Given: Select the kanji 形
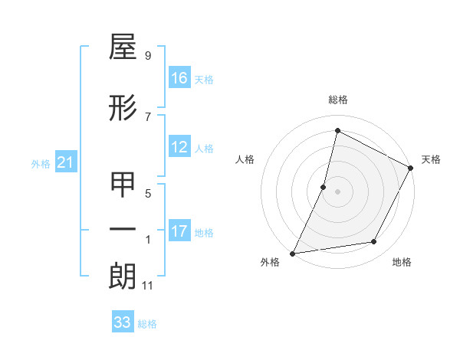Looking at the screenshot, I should (x=123, y=109).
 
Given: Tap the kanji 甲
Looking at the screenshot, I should (x=123, y=185).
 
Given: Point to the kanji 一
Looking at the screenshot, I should (x=123, y=231).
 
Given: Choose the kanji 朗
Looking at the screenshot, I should (x=123, y=277).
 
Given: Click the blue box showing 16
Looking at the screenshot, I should (x=179, y=78).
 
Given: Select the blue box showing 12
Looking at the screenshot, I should (x=179, y=147).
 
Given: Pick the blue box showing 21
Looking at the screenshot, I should (x=66, y=162).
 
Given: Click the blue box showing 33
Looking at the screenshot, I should (x=123, y=322).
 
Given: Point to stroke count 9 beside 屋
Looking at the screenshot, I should (x=147, y=56).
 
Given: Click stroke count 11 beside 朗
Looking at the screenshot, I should (x=147, y=286).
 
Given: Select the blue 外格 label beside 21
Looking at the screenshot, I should (x=41, y=163).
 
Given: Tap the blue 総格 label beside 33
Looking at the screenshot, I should (x=147, y=324).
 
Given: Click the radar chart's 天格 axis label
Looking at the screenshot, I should (x=431, y=159).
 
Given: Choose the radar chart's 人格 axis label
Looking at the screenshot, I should (x=245, y=159).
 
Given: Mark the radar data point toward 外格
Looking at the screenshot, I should (x=292, y=254).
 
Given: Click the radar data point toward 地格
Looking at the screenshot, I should (x=374, y=242).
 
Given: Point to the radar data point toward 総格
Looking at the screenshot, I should (x=337, y=131).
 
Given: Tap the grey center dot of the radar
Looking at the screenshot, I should (x=337, y=191).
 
